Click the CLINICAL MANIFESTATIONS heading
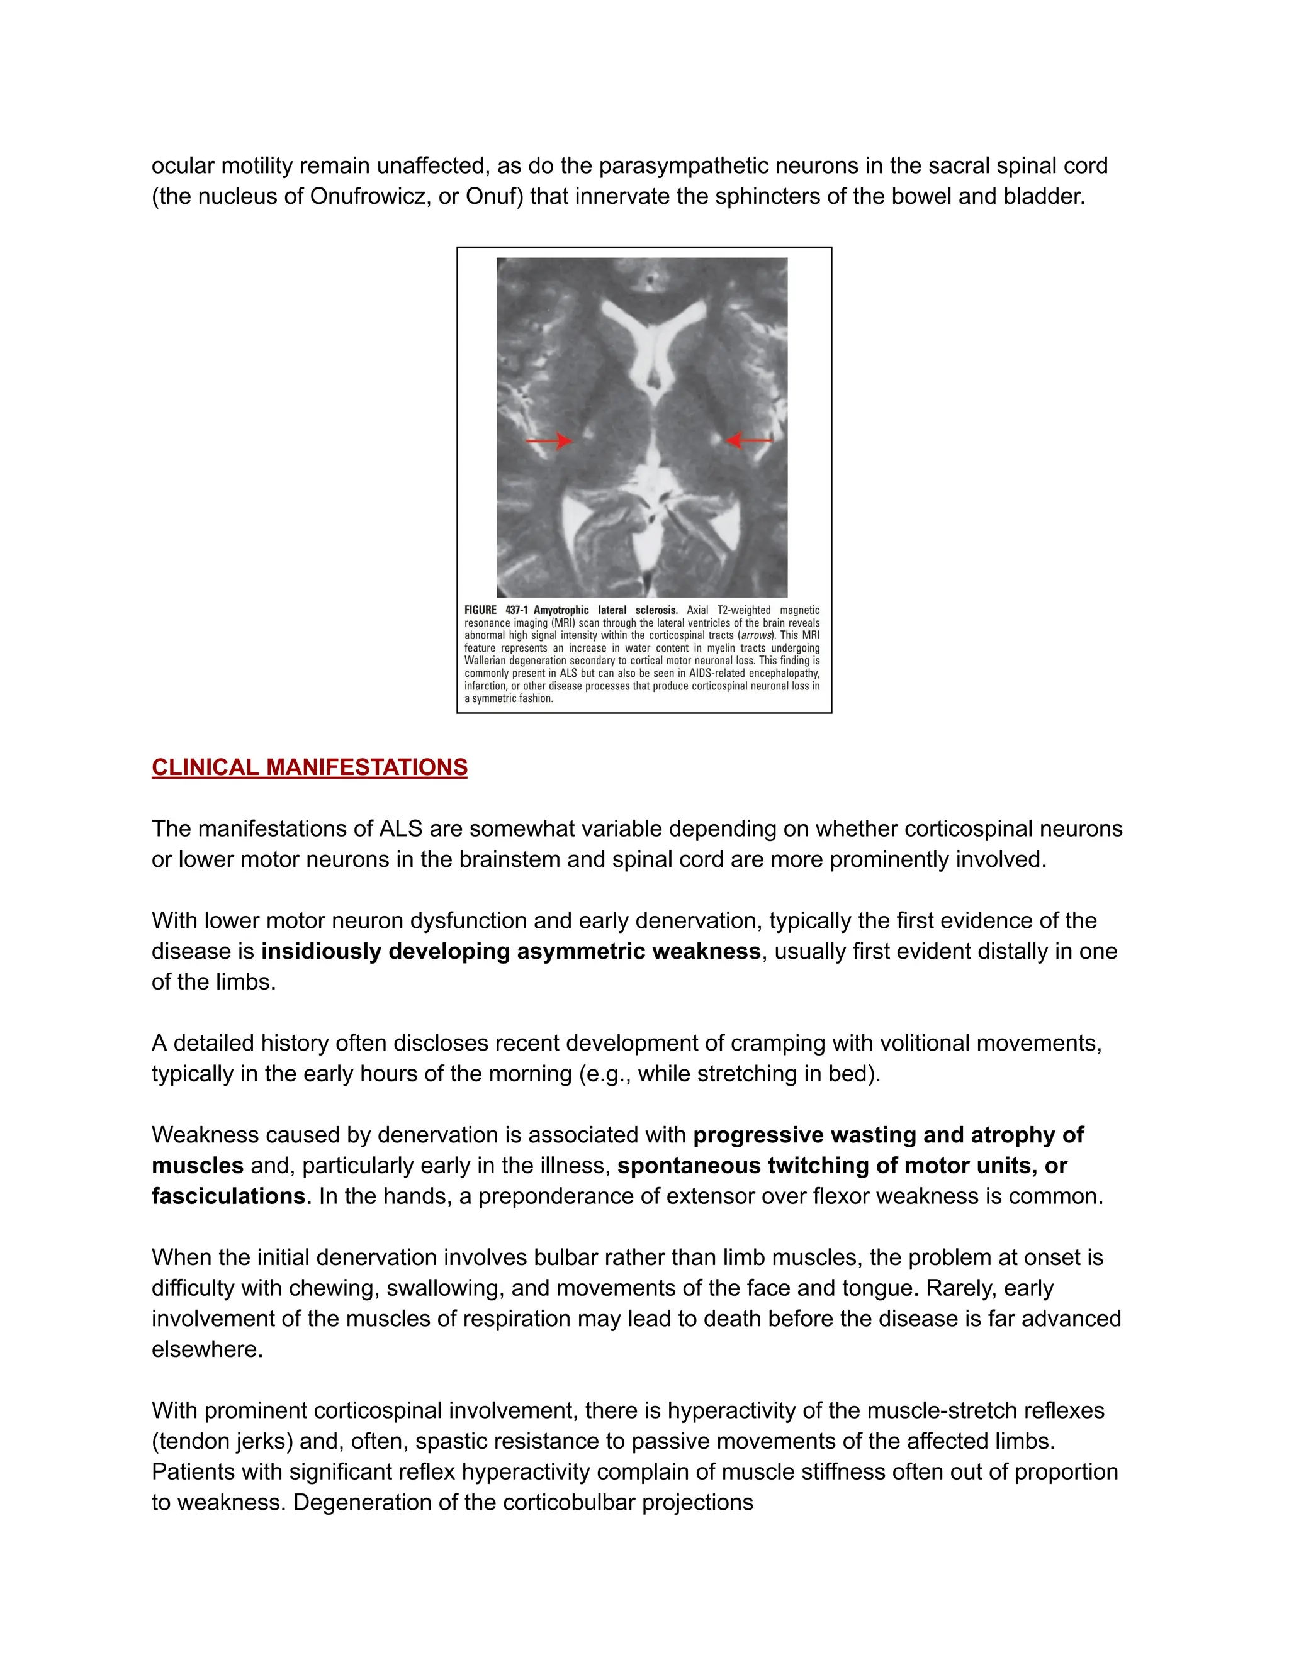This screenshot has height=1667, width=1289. point(309,767)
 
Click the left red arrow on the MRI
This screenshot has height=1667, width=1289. point(548,440)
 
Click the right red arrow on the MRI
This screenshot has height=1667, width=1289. point(749,440)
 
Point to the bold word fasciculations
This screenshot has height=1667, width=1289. point(228,1196)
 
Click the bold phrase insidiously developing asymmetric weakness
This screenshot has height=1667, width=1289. point(510,951)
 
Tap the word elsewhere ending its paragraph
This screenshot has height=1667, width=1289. point(207,1349)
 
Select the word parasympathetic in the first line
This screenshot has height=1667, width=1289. point(687,165)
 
